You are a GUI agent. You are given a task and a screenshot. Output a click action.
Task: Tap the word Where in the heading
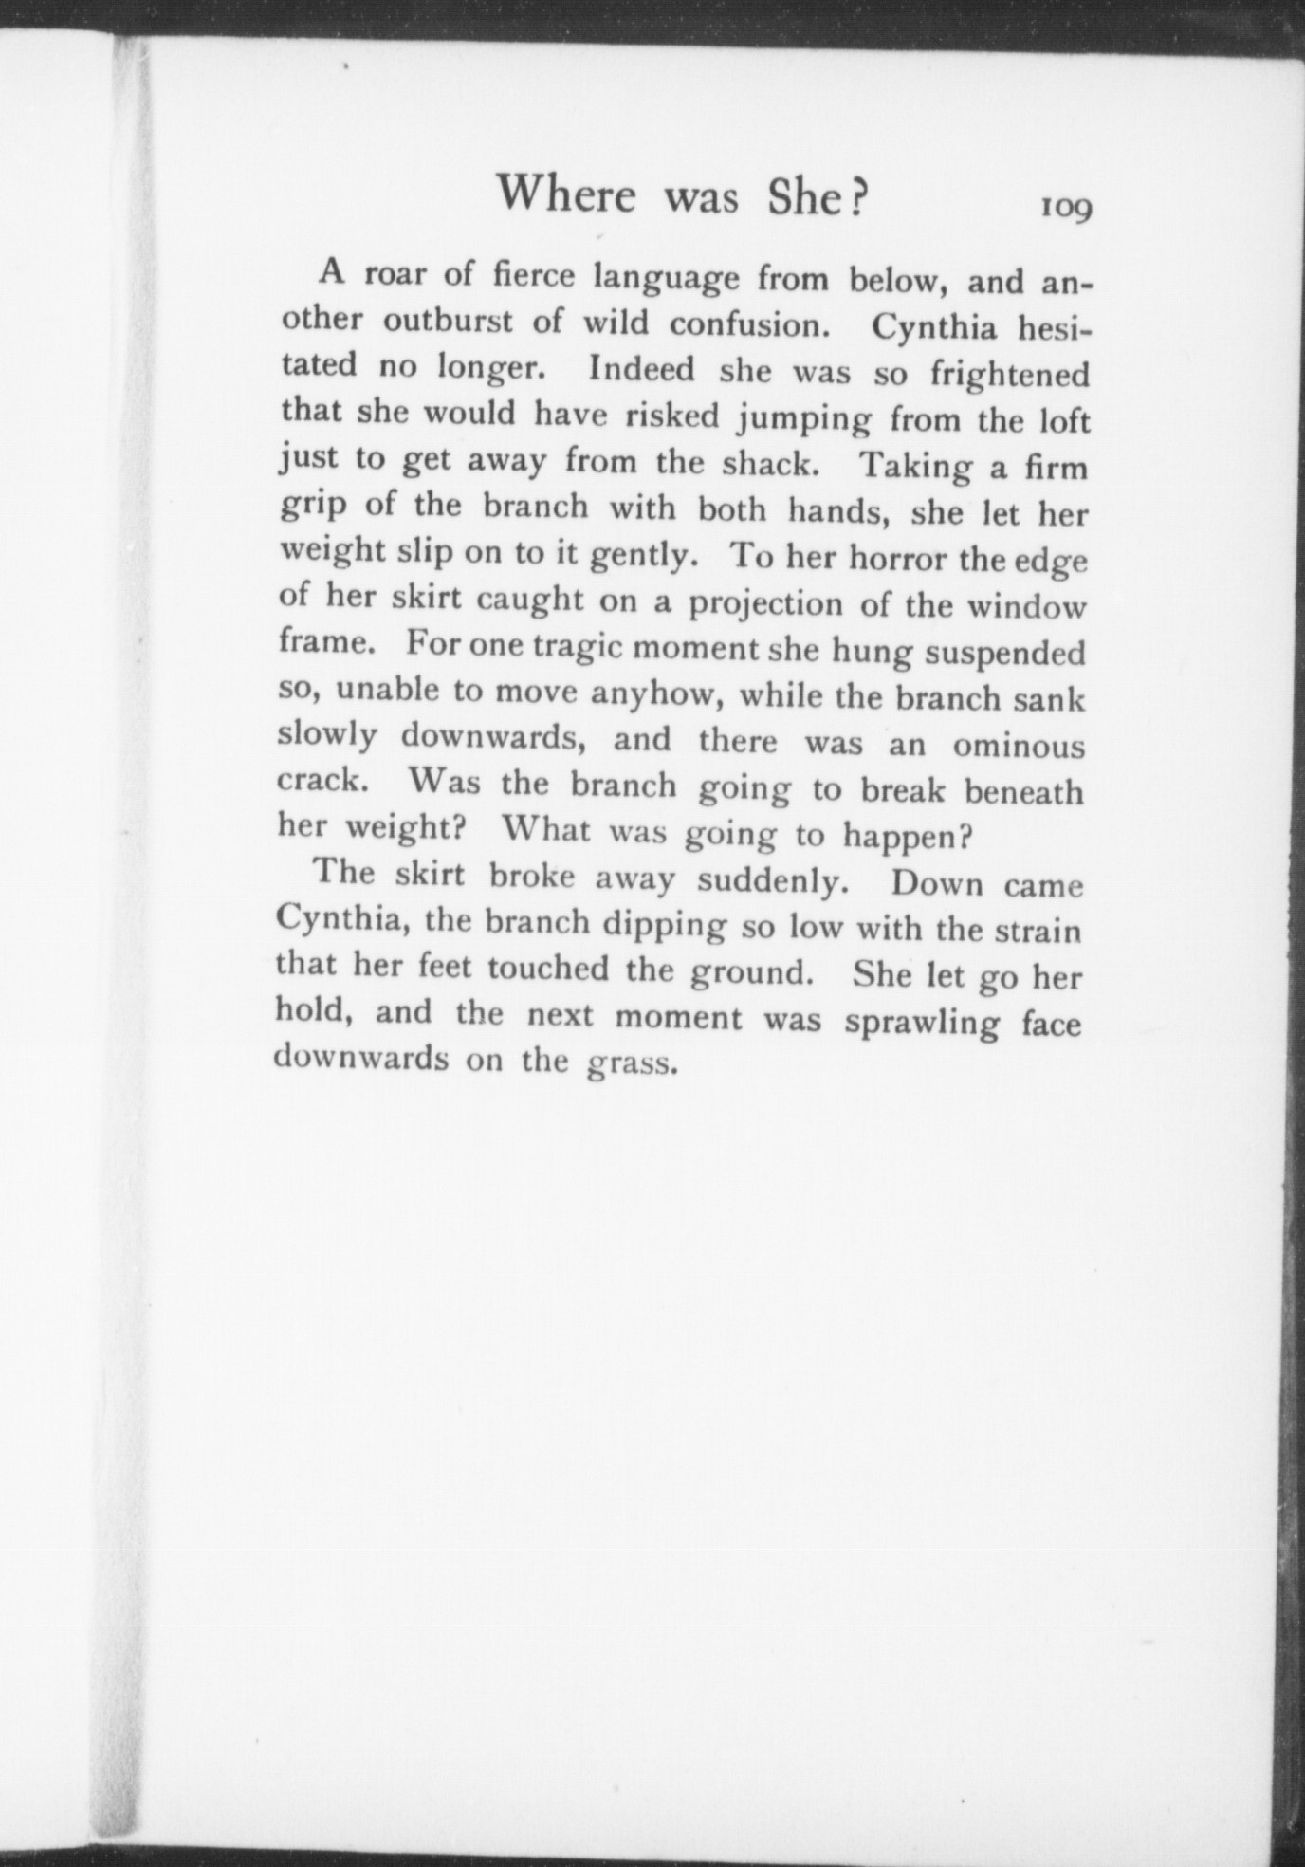(x=567, y=196)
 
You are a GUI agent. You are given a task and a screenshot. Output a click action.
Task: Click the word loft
(x=1061, y=419)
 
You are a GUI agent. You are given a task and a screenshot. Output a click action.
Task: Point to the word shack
(x=767, y=464)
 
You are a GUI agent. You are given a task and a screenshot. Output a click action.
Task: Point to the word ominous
(x=1018, y=746)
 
